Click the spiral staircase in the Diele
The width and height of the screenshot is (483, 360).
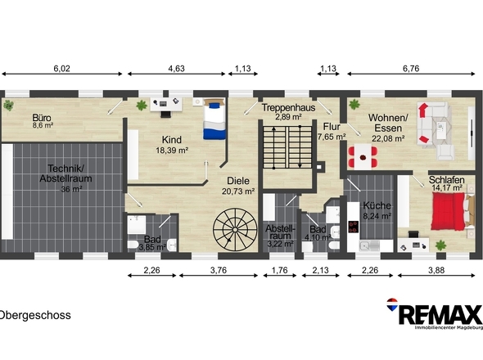pyautogui.click(x=235, y=230)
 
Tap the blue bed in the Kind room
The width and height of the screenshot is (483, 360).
pyautogui.click(x=214, y=119)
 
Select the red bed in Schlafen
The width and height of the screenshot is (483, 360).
pyautogui.click(x=448, y=211)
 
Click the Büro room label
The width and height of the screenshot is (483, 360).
pyautogui.click(x=42, y=118)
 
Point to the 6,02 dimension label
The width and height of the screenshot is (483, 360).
pyautogui.click(x=62, y=69)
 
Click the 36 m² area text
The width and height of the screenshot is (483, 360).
pyautogui.click(x=71, y=189)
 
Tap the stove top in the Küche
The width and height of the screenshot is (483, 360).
pyautogui.click(x=354, y=227)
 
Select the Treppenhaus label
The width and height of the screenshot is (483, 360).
pyautogui.click(x=288, y=108)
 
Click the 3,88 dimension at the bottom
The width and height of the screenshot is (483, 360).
pyautogui.click(x=436, y=270)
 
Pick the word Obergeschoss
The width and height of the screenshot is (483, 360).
pyautogui.click(x=35, y=315)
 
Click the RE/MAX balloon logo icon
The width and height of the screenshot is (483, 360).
pyautogui.click(x=392, y=304)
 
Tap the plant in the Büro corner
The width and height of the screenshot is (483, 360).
pyautogui.click(x=8, y=106)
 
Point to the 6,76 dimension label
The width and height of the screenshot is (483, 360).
pyautogui.click(x=411, y=69)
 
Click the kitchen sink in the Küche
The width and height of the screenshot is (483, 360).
pyautogui.click(x=369, y=245)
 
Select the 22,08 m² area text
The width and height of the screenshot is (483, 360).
pyautogui.click(x=388, y=138)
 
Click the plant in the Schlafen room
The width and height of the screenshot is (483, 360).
pyautogui.click(x=440, y=245)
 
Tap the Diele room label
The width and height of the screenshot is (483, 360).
pyautogui.click(x=238, y=181)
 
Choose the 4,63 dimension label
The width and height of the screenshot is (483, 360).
pyautogui.click(x=176, y=69)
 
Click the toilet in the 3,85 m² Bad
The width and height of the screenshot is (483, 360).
pyautogui.click(x=133, y=245)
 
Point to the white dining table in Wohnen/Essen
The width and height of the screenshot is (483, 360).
pyautogui.click(x=363, y=157)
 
